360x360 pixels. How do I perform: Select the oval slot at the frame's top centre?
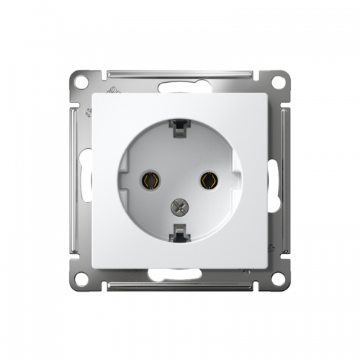pyautogui.click(x=180, y=86)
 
